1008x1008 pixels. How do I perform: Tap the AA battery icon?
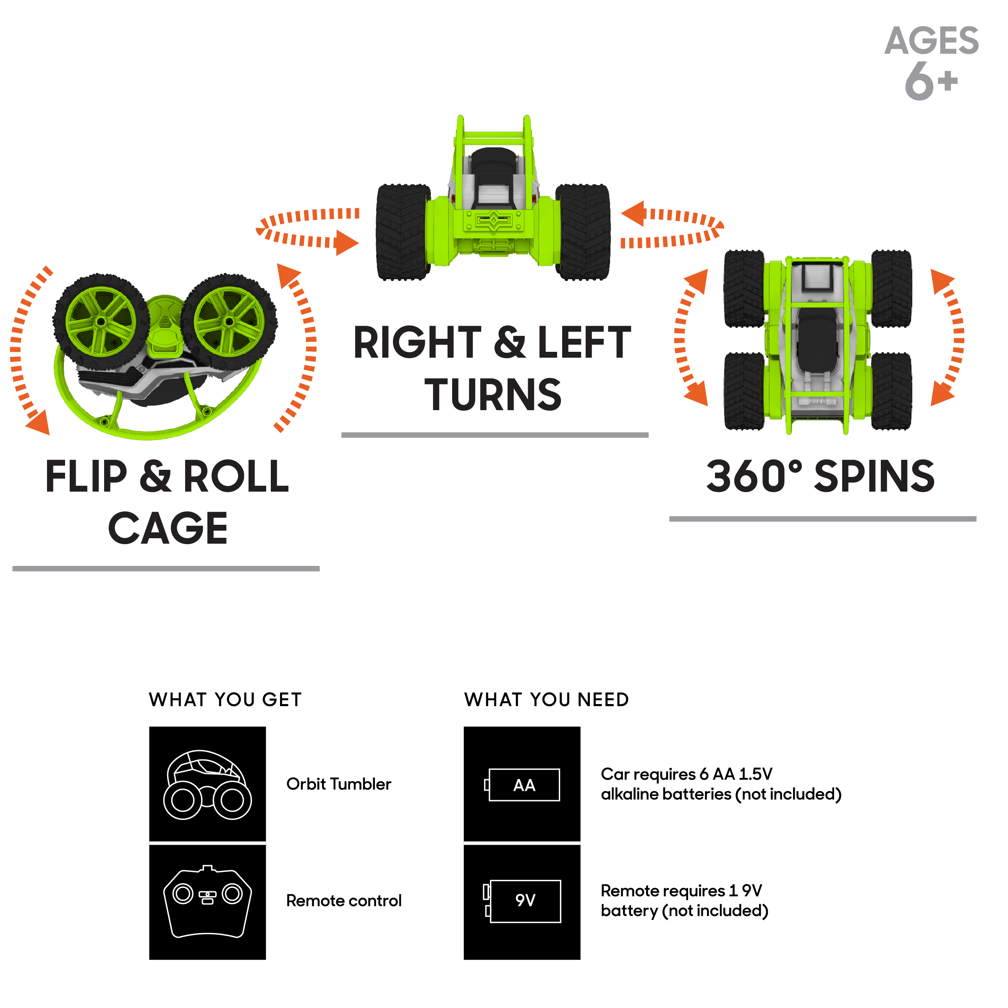(522, 785)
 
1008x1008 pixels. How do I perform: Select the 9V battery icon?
(522, 901)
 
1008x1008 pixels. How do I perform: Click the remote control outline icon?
(208, 901)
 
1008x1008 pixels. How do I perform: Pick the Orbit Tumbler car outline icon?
(208, 785)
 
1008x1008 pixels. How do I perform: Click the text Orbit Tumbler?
(339, 784)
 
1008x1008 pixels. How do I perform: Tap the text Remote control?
(344, 901)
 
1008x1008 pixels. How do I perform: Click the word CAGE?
(168, 528)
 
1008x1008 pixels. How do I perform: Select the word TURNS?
(493, 395)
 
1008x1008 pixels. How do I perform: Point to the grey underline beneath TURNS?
(495, 435)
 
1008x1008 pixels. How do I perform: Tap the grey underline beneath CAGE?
(166, 569)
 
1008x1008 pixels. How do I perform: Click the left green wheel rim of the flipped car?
(101, 322)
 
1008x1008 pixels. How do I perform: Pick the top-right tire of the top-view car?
(892, 288)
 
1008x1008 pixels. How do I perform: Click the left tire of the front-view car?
(403, 232)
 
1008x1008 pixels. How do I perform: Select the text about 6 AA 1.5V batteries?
(721, 784)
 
